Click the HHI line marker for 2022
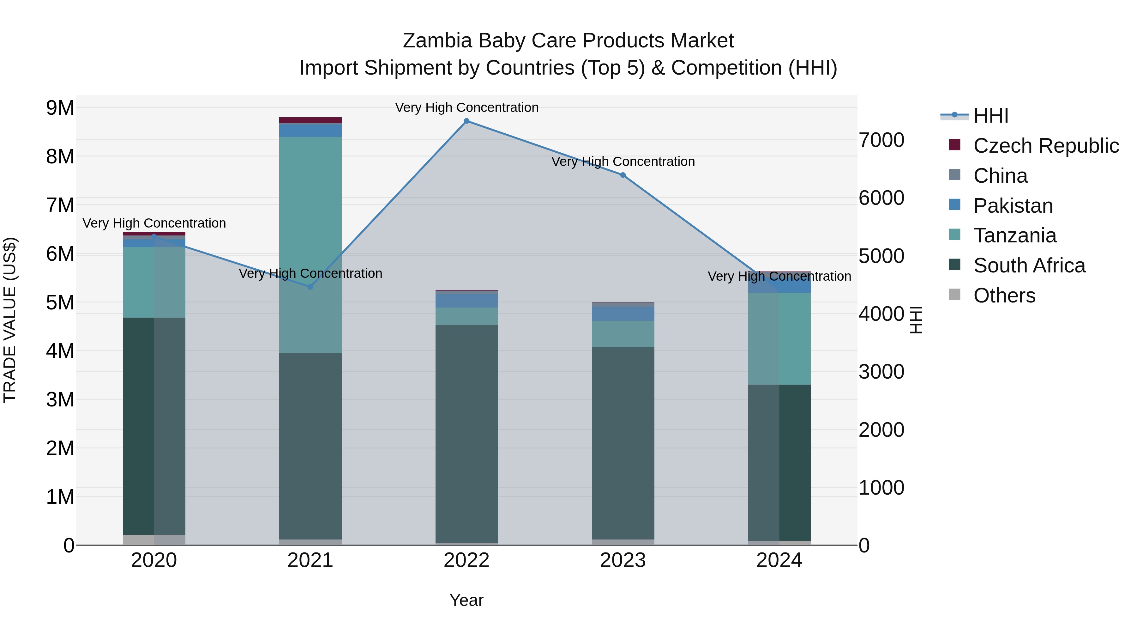pos(466,121)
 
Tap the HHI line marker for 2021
pos(310,287)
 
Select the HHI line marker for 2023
pos(623,175)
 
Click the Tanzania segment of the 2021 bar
pos(310,243)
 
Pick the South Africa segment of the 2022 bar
pos(466,433)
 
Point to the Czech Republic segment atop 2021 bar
pos(310,120)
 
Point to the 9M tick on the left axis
pos(60,108)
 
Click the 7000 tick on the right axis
pos(881,140)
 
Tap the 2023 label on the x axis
pos(623,560)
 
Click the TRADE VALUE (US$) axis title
pos(10,320)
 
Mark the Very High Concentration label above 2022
pos(466,107)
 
